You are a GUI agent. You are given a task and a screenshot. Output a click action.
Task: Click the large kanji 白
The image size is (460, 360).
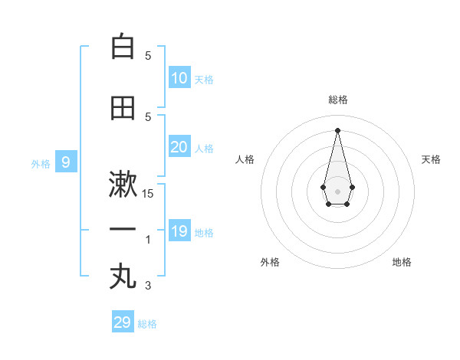(123, 47)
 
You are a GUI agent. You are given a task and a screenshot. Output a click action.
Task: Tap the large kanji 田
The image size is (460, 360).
(123, 108)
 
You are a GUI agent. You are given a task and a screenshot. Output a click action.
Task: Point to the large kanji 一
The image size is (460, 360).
(123, 230)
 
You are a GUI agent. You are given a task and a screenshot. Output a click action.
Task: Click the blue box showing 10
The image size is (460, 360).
(179, 78)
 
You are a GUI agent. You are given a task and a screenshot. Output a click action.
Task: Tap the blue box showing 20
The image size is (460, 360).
(179, 147)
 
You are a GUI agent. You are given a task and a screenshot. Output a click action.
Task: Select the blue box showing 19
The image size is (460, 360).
(179, 231)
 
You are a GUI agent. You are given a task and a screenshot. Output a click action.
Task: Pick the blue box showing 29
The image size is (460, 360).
(123, 322)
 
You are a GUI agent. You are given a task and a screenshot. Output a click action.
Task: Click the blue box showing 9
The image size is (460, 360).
(66, 162)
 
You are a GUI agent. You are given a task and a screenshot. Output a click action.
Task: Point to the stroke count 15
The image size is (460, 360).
(148, 194)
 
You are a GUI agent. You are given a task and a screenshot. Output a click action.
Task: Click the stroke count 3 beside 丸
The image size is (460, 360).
(148, 286)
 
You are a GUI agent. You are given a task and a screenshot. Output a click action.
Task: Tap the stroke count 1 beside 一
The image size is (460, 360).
(148, 240)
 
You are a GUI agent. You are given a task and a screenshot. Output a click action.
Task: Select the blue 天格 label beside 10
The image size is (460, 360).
(204, 80)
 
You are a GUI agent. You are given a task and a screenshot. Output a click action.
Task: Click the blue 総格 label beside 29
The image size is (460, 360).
(147, 324)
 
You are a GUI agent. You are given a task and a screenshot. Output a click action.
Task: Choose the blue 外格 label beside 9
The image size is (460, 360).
(41, 163)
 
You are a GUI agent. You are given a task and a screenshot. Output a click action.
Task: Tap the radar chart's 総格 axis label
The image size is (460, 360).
(337, 100)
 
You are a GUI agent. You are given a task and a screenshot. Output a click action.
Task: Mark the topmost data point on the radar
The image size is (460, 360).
(337, 129)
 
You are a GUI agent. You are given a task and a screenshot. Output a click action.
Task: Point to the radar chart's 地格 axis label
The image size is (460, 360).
(402, 262)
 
